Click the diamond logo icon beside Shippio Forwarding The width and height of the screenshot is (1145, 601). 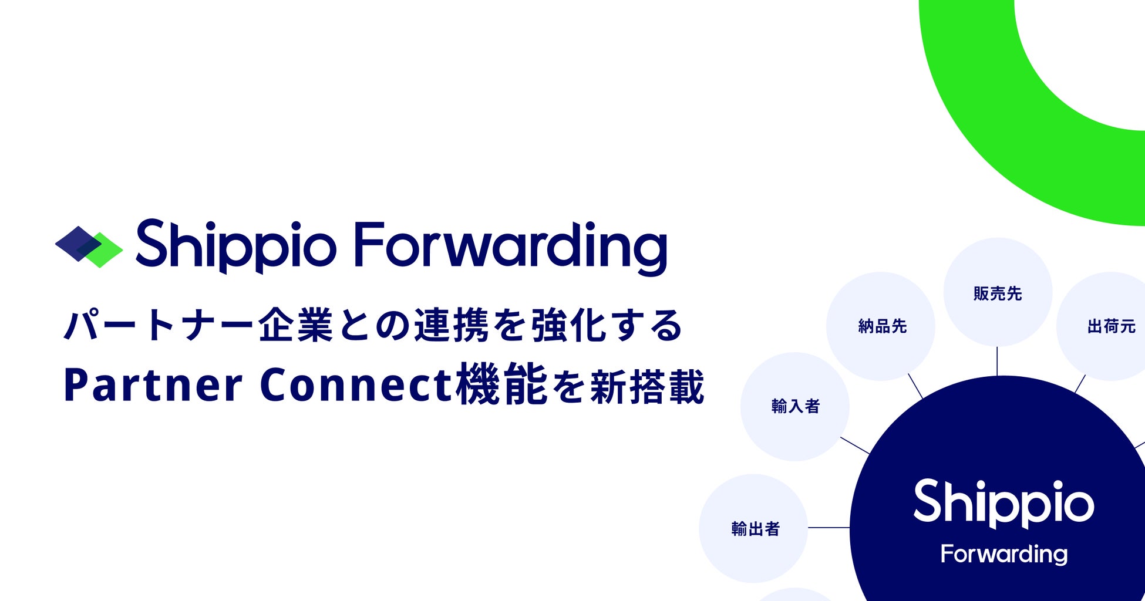coord(89,247)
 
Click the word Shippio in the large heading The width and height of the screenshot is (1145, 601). coord(236,247)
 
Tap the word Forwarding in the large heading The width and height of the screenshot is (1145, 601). coord(511,248)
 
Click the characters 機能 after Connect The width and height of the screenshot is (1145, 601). coord(501,384)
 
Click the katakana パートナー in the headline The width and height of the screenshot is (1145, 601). coord(159,326)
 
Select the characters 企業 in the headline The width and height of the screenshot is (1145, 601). coord(295,325)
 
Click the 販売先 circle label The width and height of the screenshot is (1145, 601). coord(998,293)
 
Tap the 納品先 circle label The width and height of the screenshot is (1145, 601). coord(883,326)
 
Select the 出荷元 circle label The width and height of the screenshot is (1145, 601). coord(1112,326)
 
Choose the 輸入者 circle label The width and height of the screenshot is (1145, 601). coord(795,406)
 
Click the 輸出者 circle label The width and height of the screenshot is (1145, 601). coord(755,529)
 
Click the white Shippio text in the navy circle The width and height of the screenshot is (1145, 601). coord(1003,502)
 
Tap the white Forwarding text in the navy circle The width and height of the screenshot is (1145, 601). coord(1004,554)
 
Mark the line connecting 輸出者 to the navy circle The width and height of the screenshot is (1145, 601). coord(829,528)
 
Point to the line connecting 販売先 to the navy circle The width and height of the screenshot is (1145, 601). coord(997,361)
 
